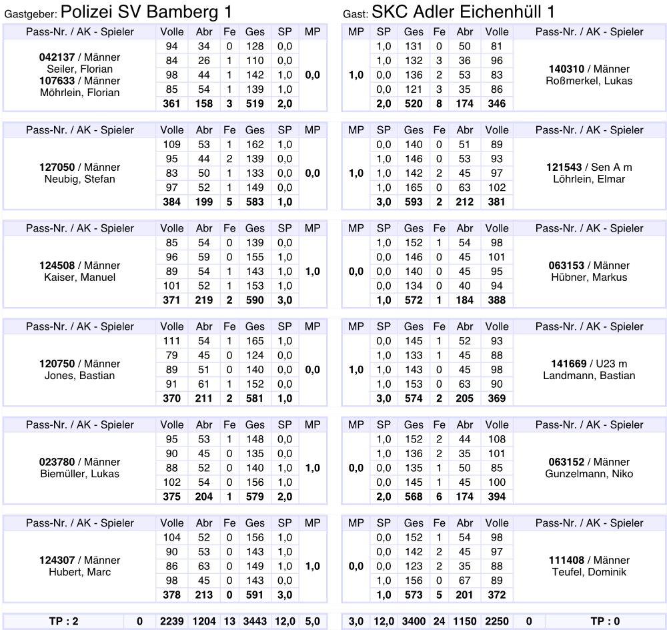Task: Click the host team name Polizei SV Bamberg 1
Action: coord(146,11)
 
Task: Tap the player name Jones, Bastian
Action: coord(79,376)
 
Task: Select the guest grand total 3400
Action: coord(414,621)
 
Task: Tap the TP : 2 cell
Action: coord(65,621)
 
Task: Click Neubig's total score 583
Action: coord(254,202)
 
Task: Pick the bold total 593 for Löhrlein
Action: coord(414,202)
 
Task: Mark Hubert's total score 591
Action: coord(254,595)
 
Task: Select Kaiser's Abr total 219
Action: coord(204,300)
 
